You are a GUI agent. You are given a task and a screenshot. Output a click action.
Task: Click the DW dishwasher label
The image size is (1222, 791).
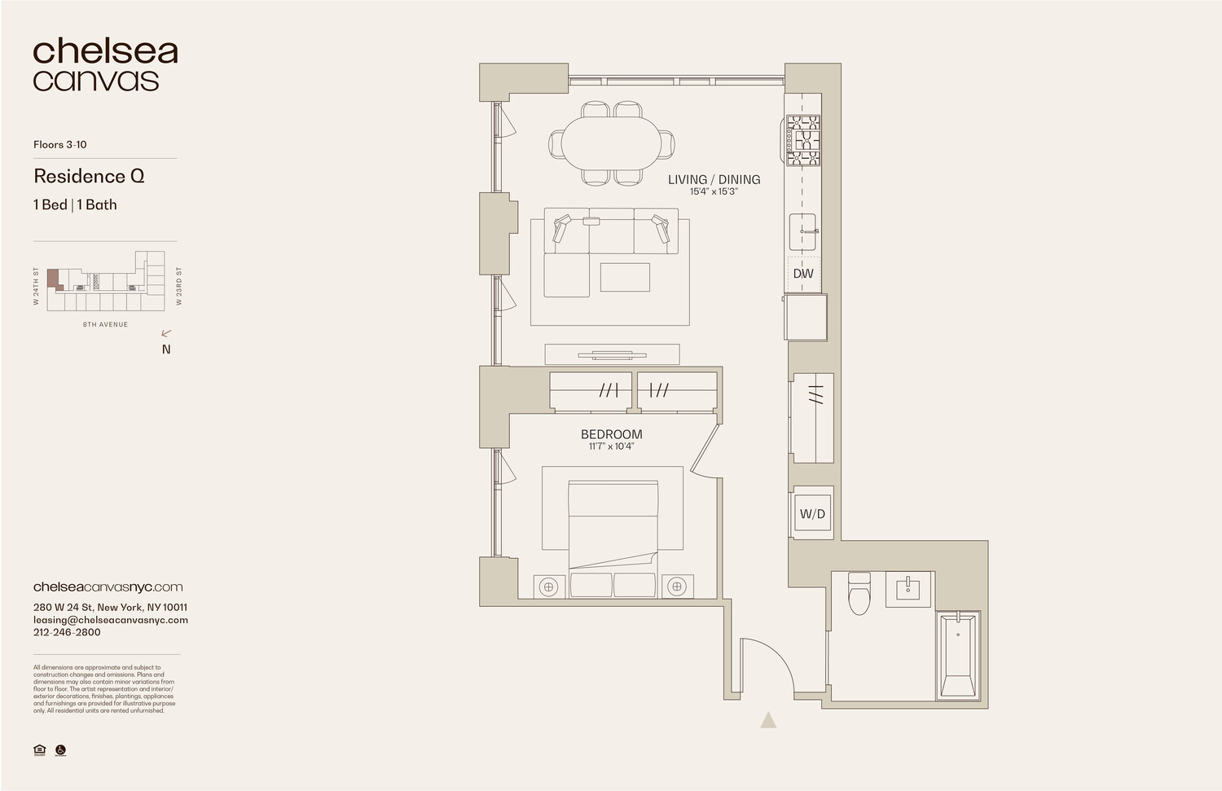[803, 274]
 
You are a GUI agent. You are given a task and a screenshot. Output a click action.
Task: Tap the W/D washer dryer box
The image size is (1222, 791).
[812, 514]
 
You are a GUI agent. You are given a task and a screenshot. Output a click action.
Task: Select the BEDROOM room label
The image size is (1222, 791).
[611, 434]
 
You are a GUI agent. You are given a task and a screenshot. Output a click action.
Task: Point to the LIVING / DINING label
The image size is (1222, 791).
[714, 179]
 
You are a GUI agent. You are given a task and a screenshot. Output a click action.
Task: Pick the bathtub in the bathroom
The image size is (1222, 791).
[958, 655]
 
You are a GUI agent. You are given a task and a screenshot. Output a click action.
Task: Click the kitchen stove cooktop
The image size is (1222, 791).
[802, 141]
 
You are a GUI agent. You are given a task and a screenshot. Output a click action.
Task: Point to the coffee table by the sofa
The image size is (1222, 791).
[625, 277]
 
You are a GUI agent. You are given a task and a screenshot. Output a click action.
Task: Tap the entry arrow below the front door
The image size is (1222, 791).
[768, 720]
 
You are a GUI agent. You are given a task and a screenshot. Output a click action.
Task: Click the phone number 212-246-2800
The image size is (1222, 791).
[67, 632]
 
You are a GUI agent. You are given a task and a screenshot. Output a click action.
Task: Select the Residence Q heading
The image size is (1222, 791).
[89, 176]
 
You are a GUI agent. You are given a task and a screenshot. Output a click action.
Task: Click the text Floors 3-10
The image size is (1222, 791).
[59, 144]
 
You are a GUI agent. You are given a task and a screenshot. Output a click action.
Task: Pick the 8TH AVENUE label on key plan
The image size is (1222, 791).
[105, 324]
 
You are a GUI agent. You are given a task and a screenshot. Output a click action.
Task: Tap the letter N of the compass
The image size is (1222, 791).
[166, 349]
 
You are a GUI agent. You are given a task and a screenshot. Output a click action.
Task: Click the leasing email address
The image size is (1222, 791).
[111, 620]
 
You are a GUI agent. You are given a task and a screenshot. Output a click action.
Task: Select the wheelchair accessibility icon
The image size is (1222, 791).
[60, 750]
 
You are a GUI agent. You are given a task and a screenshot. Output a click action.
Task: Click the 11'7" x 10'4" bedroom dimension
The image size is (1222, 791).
[611, 446]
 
